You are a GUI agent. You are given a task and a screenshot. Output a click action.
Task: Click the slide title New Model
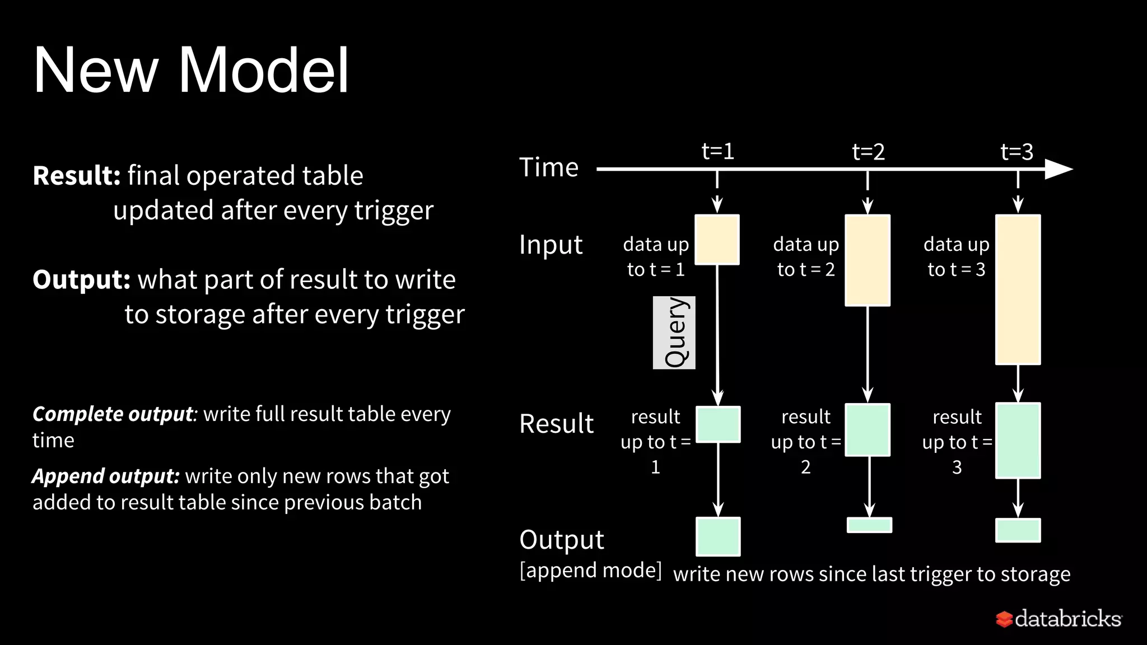191,70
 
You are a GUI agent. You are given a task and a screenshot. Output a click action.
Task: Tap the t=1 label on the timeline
717,151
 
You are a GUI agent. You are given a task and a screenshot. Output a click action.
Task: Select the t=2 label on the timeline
868,152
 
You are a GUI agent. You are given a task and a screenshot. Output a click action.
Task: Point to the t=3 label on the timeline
1017,152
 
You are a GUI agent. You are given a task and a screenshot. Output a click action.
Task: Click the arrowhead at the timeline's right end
1058,169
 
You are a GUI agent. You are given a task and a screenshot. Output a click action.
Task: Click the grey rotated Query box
674,333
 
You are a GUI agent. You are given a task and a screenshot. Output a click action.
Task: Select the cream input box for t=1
717,240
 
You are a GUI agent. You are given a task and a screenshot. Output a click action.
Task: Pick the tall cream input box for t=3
1018,289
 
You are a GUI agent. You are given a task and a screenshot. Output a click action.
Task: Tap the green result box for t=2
867,430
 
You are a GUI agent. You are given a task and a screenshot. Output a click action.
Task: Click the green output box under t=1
718,536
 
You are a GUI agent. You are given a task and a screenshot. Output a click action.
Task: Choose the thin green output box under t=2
869,525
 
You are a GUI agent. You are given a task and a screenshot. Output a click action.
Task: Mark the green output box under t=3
1018,530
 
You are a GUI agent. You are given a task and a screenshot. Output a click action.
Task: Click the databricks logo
1059,619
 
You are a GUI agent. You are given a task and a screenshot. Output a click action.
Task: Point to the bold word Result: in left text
77,176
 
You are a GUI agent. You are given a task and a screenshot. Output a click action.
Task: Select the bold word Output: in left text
82,279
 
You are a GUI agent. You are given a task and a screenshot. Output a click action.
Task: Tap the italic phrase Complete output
113,414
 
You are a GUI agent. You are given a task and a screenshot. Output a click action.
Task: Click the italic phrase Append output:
106,476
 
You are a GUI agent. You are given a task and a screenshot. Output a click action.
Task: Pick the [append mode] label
590,571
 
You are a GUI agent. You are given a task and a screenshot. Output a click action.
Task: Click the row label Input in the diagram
551,245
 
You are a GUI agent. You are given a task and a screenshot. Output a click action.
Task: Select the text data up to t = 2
806,256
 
